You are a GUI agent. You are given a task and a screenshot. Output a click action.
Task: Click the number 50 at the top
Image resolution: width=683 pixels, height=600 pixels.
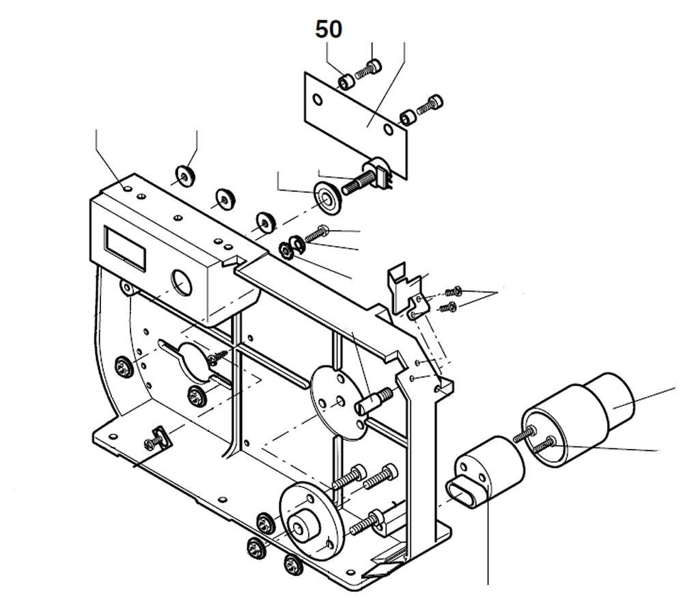click(x=329, y=29)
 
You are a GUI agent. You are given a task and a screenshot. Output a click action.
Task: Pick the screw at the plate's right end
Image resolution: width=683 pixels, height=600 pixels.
click(x=433, y=104)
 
